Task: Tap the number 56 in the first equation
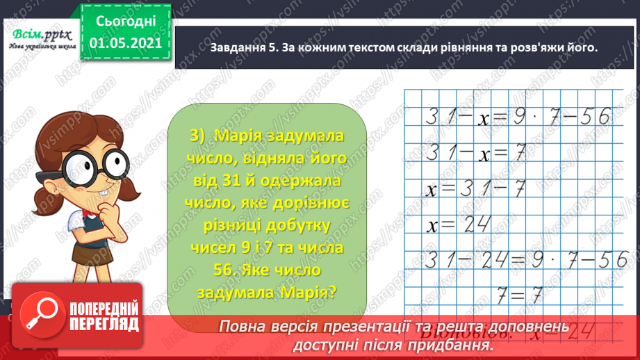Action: pyautogui.click(x=595, y=116)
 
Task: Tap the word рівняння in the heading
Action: pyautogui.click(x=456, y=47)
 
